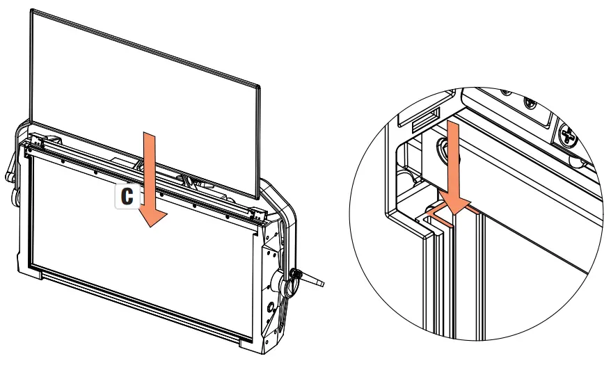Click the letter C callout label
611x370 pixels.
[x=127, y=197]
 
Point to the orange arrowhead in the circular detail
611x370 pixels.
[x=457, y=202]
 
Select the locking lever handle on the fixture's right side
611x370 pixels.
[x=314, y=282]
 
